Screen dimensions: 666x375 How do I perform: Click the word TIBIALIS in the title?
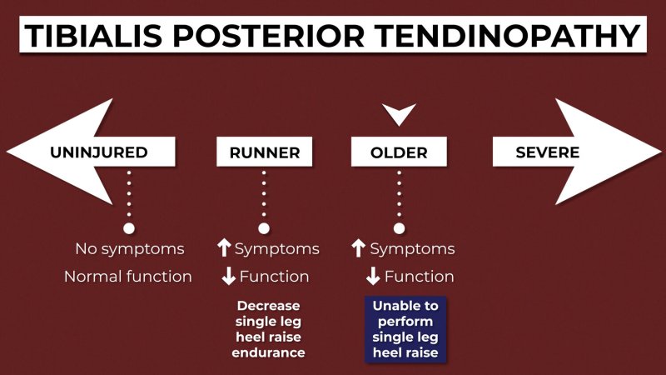point(93,35)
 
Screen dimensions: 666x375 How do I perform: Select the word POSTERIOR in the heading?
point(268,35)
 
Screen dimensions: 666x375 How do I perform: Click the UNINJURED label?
point(99,152)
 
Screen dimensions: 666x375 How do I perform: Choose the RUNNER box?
point(264,152)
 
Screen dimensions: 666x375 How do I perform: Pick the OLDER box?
point(399,152)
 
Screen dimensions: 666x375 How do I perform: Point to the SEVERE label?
point(548,152)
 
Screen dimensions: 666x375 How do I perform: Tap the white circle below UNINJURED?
point(129,228)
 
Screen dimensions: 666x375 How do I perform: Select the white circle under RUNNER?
point(264,228)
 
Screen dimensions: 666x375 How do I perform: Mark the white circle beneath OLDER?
point(399,228)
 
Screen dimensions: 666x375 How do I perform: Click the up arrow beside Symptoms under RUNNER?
point(224,247)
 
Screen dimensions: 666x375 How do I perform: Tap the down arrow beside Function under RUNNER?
point(228,276)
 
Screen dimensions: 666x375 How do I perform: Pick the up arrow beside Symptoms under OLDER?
point(359,247)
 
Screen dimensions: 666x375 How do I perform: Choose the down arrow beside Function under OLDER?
point(373,276)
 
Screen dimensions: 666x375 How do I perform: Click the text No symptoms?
point(130,249)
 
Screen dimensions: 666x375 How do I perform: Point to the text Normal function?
point(128,277)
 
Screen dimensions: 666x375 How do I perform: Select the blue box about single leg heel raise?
point(405,329)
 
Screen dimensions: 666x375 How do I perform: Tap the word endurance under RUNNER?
point(268,352)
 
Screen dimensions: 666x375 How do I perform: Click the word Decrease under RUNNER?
point(268,306)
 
